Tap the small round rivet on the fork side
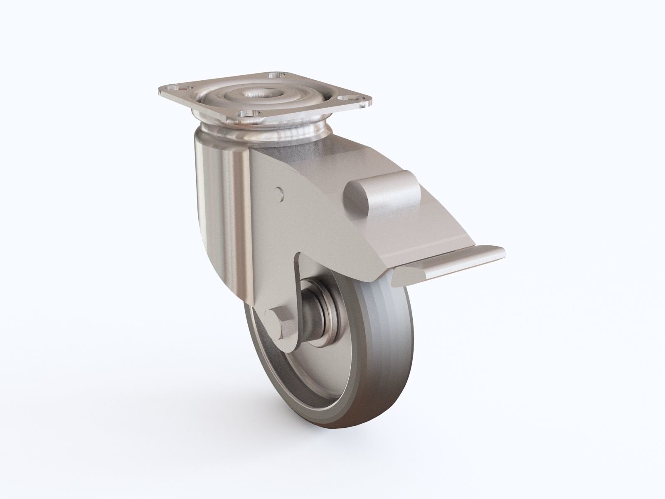point(279,192)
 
